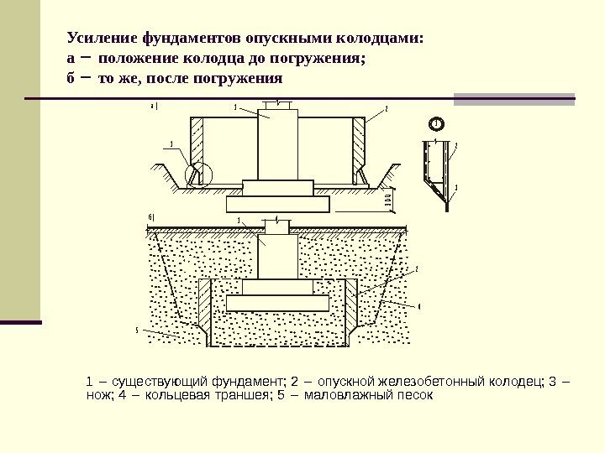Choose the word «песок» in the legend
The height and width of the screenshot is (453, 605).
point(415,394)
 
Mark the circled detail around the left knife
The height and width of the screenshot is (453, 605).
point(200,174)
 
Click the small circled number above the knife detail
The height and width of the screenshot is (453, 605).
point(437,124)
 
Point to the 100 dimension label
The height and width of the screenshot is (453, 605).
point(388,200)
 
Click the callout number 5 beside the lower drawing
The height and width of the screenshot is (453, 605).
point(137,330)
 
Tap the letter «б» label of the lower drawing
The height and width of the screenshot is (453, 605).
point(150,217)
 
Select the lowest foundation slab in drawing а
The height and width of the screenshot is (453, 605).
point(277,203)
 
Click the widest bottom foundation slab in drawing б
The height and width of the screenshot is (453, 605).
point(277,303)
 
